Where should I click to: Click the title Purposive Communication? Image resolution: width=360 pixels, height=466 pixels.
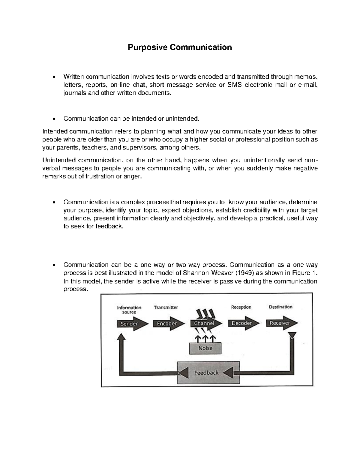(x=180, y=47)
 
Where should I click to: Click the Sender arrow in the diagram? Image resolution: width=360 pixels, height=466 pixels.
(x=132, y=324)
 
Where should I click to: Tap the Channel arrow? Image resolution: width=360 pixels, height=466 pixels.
(x=206, y=323)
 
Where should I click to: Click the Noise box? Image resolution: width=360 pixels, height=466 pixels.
(x=205, y=348)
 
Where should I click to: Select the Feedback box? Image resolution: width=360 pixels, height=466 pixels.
(x=207, y=373)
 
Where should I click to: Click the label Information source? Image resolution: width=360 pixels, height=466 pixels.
(x=129, y=310)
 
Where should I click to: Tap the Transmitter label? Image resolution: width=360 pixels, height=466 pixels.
(x=166, y=307)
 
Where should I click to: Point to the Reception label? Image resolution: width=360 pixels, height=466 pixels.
(x=241, y=307)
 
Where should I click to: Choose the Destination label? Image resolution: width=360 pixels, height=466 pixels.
(x=280, y=307)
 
